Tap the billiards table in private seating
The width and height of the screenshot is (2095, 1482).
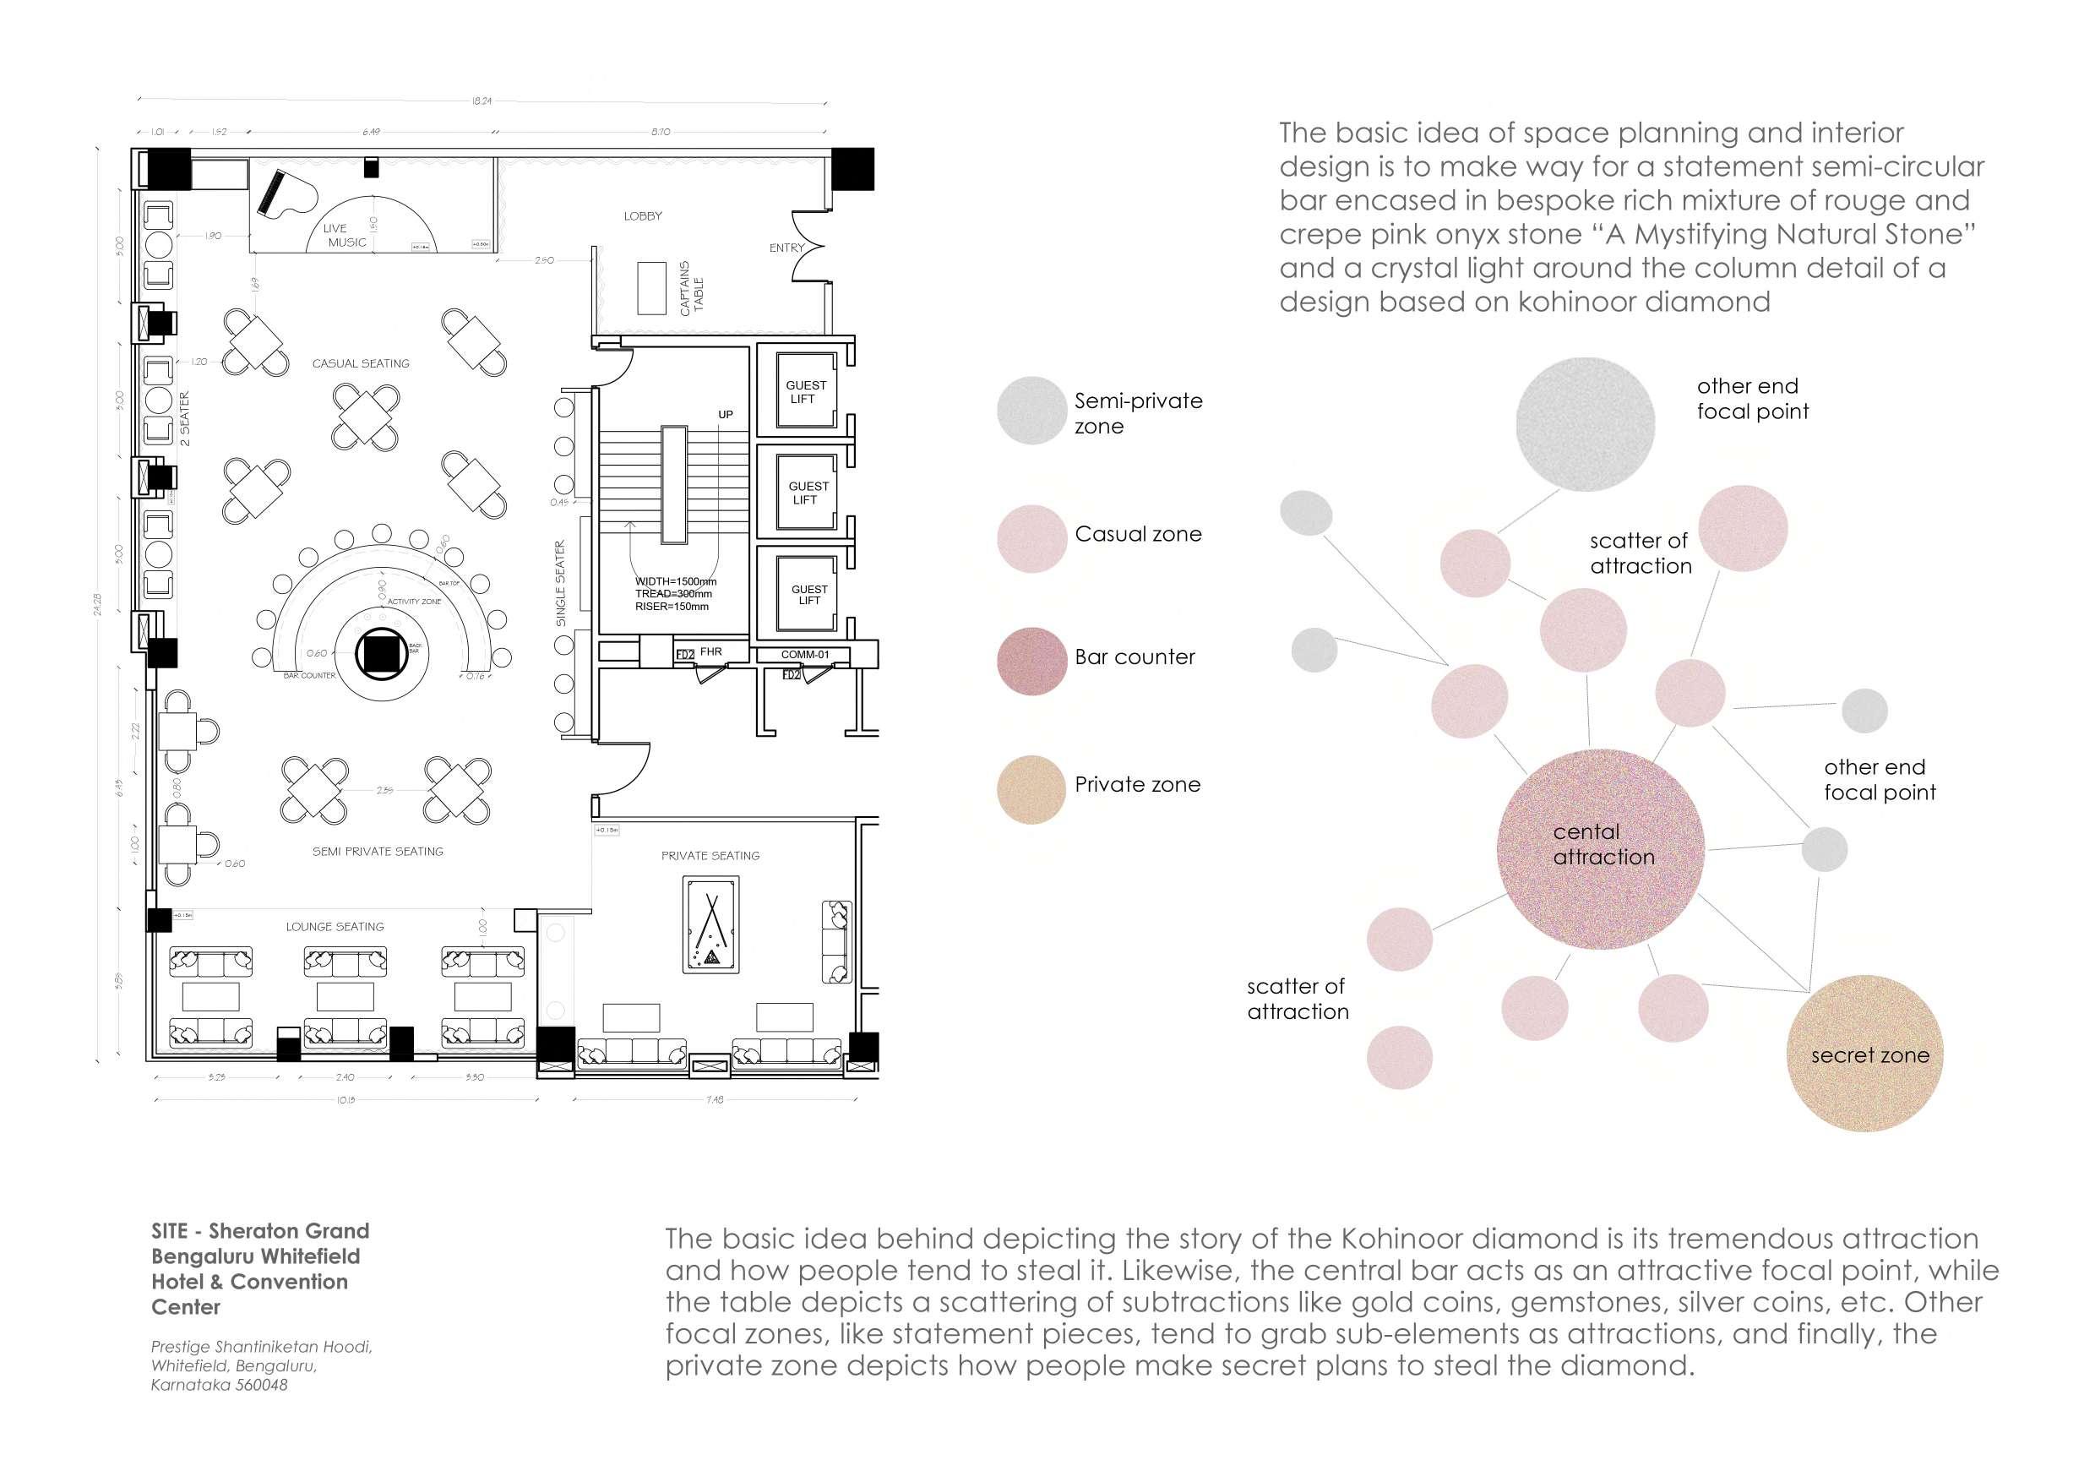[x=710, y=924]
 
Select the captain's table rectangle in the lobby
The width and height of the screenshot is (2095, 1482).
[x=651, y=288]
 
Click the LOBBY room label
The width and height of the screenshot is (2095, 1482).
[x=643, y=216]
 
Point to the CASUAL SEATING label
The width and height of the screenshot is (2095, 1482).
[x=361, y=363]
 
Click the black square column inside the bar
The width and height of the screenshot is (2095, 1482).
[x=380, y=653]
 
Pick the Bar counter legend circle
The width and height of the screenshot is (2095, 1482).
[x=1031, y=661]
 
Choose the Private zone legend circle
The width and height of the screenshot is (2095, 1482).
[x=1031, y=789]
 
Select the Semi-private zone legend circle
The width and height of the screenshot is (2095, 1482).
[x=1031, y=411]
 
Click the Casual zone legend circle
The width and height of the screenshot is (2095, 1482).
[x=1031, y=538]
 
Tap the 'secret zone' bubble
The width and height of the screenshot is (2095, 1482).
[x=1869, y=1055]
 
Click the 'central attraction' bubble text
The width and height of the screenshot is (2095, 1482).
[x=1603, y=844]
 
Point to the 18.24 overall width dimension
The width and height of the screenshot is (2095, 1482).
[x=481, y=101]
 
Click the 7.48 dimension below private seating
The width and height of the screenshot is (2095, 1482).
[x=715, y=1099]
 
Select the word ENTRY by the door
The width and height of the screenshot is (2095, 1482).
[x=786, y=248]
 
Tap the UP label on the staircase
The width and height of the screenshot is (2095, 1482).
[x=726, y=414]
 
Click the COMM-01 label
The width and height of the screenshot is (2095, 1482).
[x=805, y=654]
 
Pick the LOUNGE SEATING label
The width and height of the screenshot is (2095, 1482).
[x=335, y=926]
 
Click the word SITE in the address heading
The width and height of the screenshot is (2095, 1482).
[x=170, y=1231]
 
